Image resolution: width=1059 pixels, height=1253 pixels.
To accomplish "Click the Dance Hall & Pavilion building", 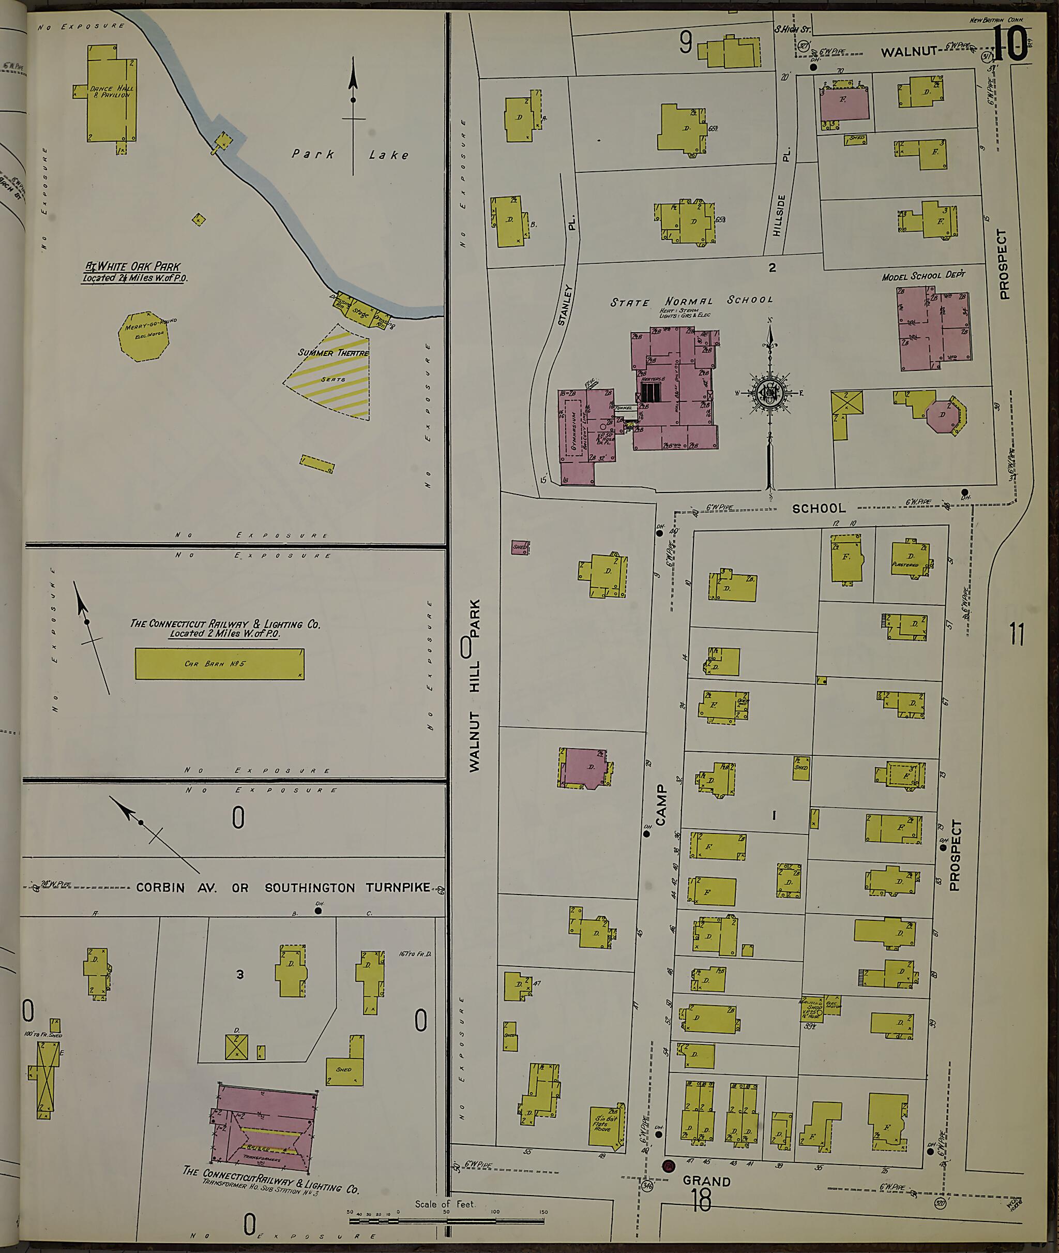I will [111, 96].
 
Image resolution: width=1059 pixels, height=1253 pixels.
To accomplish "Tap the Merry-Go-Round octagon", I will [142, 336].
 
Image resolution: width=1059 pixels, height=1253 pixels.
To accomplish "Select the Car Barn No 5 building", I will [219, 664].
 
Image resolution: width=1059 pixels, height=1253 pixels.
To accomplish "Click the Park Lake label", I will [351, 154].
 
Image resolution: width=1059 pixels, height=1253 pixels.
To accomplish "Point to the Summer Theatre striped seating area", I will [333, 376].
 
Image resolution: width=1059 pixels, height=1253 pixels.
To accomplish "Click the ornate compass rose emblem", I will [769, 394].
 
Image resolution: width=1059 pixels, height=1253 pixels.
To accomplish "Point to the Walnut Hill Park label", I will [475, 685].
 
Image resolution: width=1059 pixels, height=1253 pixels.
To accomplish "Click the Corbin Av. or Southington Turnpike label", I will [283, 887].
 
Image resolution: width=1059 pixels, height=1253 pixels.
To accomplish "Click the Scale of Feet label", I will [444, 1204].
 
